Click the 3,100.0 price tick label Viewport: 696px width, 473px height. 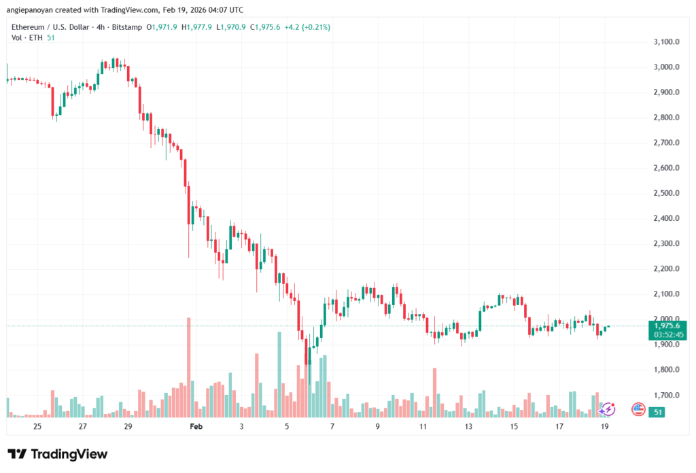(666, 42)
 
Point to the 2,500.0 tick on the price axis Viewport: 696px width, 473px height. (666, 193)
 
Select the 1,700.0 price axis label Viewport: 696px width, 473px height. (666, 395)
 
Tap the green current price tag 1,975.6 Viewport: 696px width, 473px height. (666, 326)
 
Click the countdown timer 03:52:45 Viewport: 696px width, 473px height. (666, 334)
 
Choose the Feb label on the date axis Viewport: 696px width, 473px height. (196, 426)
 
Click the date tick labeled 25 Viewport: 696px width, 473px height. (37, 426)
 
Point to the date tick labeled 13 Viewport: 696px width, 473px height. (468, 426)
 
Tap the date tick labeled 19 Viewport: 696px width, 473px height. (605, 426)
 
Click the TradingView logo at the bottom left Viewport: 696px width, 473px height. (58, 454)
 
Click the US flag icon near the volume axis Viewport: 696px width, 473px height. (638, 409)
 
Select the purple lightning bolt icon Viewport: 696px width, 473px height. (608, 409)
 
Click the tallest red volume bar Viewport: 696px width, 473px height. (189, 367)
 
